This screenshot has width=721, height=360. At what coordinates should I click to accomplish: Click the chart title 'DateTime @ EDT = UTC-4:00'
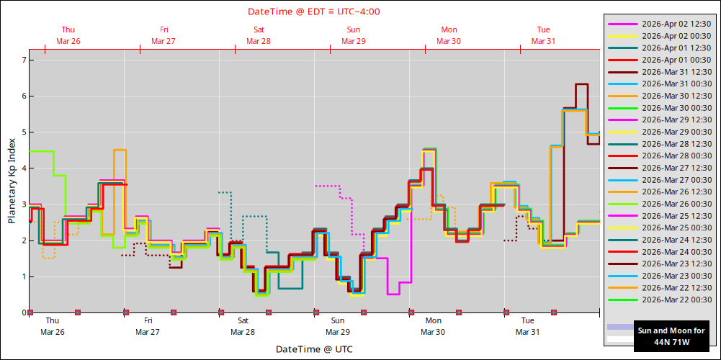point(314,12)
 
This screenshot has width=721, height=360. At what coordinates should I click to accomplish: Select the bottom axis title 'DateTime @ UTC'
point(314,349)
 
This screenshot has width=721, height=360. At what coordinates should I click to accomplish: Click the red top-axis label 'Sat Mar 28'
point(259,35)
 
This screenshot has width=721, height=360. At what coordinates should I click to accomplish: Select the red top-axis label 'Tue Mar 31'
point(544,35)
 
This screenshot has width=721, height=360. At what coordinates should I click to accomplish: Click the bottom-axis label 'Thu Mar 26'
point(53,326)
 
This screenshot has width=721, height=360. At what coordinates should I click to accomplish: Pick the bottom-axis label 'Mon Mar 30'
point(433,326)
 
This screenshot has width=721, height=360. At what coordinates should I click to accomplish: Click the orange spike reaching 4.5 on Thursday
point(120,150)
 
